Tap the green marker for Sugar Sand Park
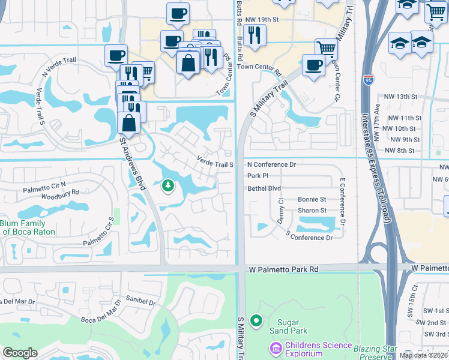tap(256, 321)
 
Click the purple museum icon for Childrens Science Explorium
tap(276, 347)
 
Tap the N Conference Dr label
tap(272, 164)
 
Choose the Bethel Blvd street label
tap(264, 188)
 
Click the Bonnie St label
tap(312, 199)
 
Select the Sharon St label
tap(312, 211)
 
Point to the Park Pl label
tap(257, 176)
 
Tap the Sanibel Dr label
tap(141, 298)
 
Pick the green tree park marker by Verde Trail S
tap(168, 185)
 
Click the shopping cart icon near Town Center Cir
tap(326, 48)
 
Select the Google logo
tap(20, 353)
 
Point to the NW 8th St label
tap(402, 151)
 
